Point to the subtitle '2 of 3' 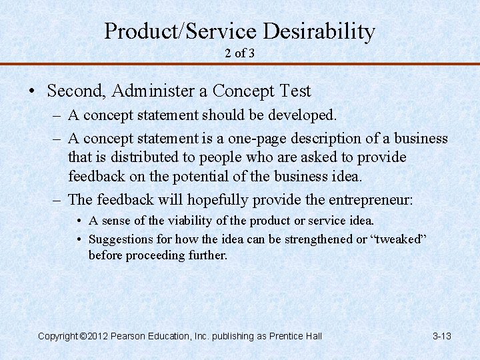(x=239, y=53)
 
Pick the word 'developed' (x=303, y=115)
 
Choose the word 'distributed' (x=139, y=157)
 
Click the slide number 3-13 (x=441, y=336)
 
